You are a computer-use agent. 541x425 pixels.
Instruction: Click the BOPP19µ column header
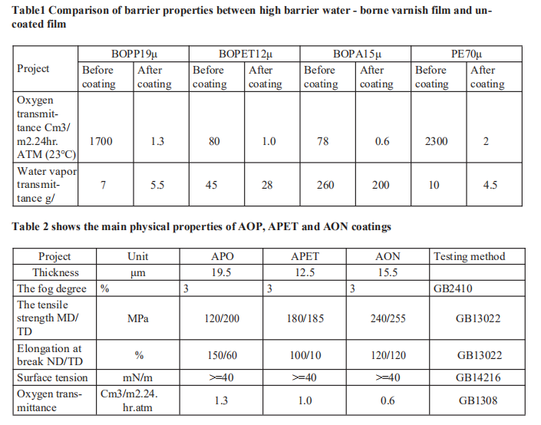click(134, 54)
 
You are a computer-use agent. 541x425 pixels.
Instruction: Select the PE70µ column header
click(467, 54)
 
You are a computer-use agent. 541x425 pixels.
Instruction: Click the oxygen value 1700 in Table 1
click(101, 141)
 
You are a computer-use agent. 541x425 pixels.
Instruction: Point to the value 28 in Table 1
click(267, 185)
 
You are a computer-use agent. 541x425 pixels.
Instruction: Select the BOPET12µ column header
click(245, 54)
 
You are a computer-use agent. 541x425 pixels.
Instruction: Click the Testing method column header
click(469, 257)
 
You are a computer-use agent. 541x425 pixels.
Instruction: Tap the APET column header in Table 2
click(305, 257)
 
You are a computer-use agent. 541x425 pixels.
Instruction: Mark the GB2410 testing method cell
click(453, 289)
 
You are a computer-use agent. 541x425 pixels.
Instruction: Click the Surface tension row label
click(53, 377)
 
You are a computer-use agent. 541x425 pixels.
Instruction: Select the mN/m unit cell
click(137, 377)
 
